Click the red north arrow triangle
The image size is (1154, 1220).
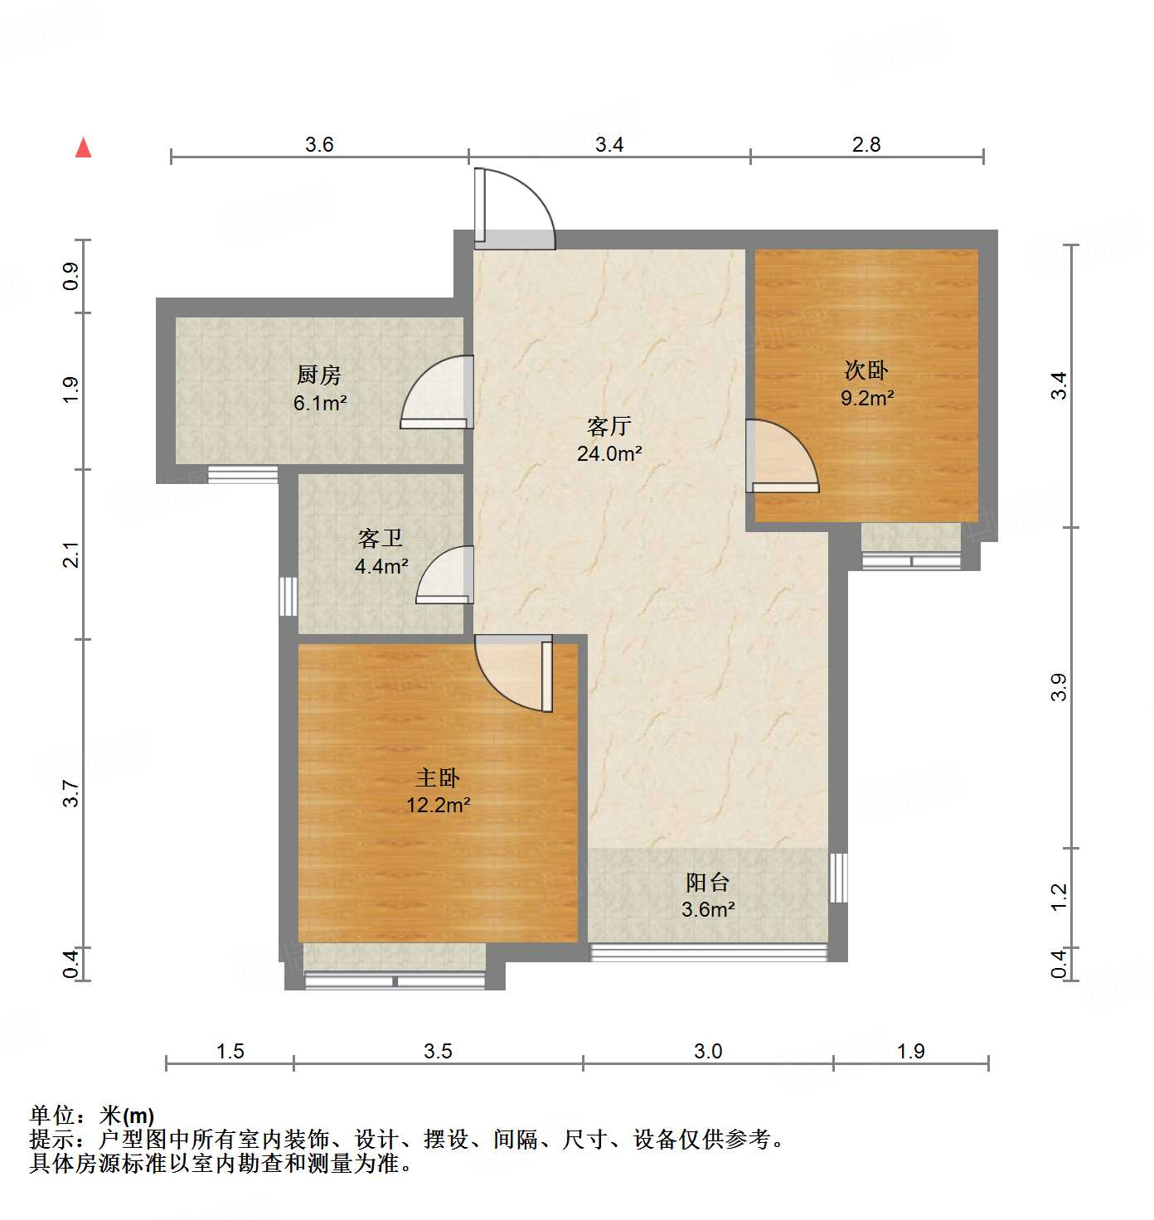[x=84, y=148]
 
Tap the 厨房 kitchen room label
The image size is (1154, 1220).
[x=319, y=375]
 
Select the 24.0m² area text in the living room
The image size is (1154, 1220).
[x=609, y=453]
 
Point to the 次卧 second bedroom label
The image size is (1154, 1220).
[x=866, y=370]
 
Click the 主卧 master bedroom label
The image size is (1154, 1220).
[x=437, y=777]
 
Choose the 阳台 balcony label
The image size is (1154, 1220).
[x=707, y=882]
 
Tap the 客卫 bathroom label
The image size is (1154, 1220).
[x=381, y=539]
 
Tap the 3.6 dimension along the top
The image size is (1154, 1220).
[x=319, y=144]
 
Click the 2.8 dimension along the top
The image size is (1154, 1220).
[x=866, y=144]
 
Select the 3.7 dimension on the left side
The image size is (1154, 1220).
[x=72, y=793]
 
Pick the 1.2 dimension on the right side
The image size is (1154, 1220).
[x=1059, y=897]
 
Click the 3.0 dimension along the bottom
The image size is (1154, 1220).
[x=708, y=1051]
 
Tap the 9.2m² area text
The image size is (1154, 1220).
[x=867, y=398]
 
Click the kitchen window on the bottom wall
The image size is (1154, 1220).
[x=242, y=474]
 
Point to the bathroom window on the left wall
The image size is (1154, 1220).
[x=288, y=596]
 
